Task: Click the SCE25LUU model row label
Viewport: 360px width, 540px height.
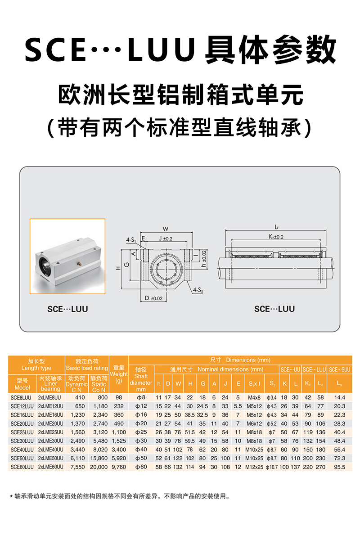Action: pyautogui.click(x=22, y=432)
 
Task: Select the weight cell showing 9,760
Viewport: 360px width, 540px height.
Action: pyautogui.click(x=119, y=467)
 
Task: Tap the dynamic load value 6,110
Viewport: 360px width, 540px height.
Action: pyautogui.click(x=77, y=458)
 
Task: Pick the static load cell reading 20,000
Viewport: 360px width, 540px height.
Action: pyautogui.click(x=99, y=467)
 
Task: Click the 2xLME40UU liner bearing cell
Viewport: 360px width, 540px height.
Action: pyautogui.click(x=51, y=450)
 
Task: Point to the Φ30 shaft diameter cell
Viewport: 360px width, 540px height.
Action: pyautogui.click(x=141, y=441)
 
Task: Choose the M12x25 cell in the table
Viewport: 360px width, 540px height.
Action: pyautogui.click(x=254, y=467)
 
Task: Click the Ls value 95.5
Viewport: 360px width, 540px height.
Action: pyautogui.click(x=339, y=467)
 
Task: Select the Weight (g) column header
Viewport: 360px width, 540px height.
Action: pyautogui.click(x=119, y=374)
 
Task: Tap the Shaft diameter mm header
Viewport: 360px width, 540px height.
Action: pyautogui.click(x=141, y=379)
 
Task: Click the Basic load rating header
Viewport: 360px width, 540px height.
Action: pyautogui.click(x=87, y=368)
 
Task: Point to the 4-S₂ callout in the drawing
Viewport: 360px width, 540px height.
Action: pyautogui.click(x=198, y=290)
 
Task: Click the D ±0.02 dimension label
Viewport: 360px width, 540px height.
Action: pyautogui.click(x=153, y=298)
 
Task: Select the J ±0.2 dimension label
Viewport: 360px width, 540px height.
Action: pyautogui.click(x=166, y=238)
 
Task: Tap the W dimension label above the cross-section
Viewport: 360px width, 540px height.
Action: pyautogui.click(x=166, y=229)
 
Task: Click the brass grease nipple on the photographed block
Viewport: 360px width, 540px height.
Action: pyautogui.click(x=80, y=264)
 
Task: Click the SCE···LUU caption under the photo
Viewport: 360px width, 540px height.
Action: pyautogui.click(x=67, y=309)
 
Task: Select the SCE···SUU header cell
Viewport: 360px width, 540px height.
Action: pyautogui.click(x=339, y=369)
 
